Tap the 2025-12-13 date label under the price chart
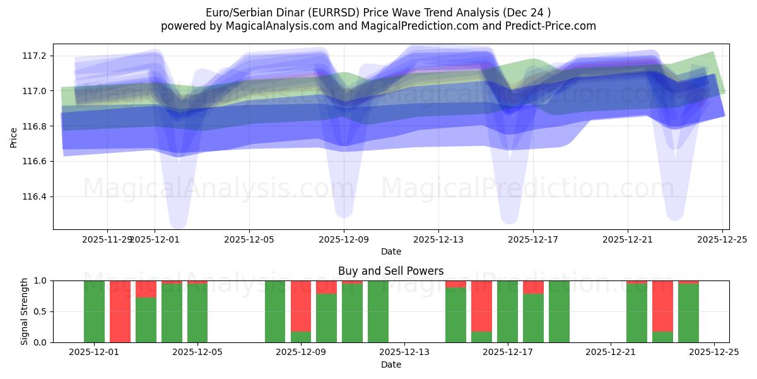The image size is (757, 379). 438,239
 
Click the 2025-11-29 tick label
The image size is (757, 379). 107,239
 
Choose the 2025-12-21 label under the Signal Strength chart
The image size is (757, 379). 611,352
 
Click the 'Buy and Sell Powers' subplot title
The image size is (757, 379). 390,271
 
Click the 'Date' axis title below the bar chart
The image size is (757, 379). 390,364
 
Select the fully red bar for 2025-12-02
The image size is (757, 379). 120,311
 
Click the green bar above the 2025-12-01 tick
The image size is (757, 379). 94,311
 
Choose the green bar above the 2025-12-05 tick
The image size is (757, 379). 197,313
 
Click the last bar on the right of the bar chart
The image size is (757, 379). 688,313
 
